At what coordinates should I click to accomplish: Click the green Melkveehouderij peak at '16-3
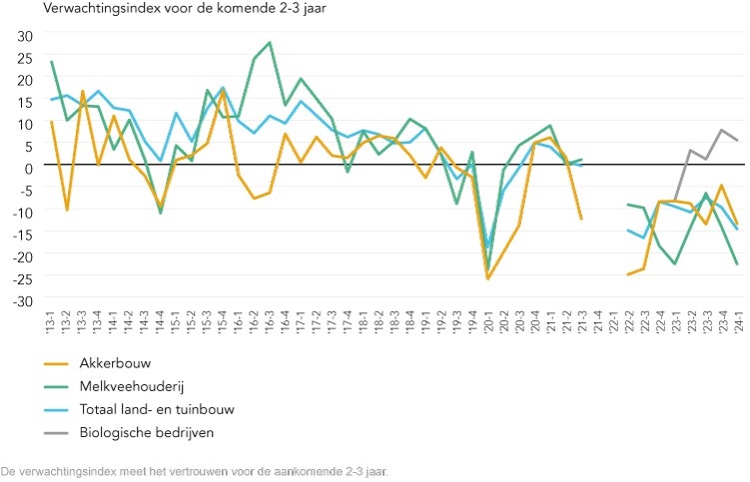[270, 43]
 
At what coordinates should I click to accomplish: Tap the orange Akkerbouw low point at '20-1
[487, 278]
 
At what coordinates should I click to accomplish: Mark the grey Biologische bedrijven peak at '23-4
[721, 130]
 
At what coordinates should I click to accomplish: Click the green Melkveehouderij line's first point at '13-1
[51, 62]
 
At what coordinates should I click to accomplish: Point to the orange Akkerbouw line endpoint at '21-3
[581, 219]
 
